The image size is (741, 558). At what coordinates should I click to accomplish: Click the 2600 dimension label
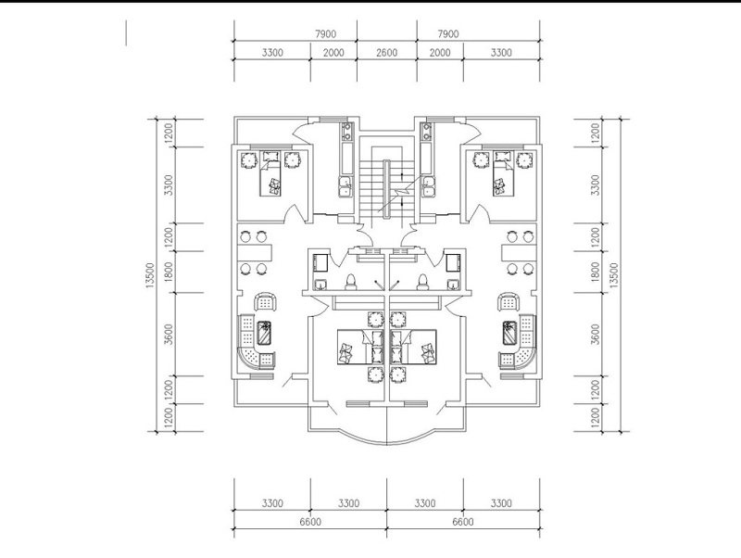[x=386, y=53]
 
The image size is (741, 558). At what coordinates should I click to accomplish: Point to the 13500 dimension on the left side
[x=150, y=275]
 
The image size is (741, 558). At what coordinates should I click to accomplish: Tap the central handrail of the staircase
[x=386, y=190]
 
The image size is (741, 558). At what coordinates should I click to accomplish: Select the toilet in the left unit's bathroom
[x=351, y=282]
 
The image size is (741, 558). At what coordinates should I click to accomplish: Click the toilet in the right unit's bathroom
[x=422, y=282]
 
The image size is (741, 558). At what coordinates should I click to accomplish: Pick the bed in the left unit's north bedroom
[x=270, y=178]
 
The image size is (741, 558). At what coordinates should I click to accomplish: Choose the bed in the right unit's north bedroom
[x=504, y=178]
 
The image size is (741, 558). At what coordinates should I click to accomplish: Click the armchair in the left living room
[x=265, y=302]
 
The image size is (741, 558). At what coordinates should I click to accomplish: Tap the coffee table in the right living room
[x=509, y=333]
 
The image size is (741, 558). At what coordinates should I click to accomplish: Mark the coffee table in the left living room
[x=264, y=333]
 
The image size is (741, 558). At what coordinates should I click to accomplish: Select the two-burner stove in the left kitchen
[x=347, y=132]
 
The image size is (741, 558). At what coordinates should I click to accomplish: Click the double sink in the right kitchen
[x=428, y=185]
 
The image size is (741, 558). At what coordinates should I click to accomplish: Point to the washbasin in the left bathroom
[x=320, y=285]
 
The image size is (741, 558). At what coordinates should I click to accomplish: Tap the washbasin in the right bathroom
[x=453, y=285]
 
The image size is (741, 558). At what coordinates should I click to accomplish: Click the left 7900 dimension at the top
[x=326, y=34]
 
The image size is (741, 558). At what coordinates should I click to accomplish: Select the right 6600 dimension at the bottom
[x=463, y=522]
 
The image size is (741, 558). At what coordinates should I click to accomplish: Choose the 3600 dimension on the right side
[x=596, y=334]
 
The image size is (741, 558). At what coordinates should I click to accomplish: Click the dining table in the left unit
[x=256, y=252]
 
